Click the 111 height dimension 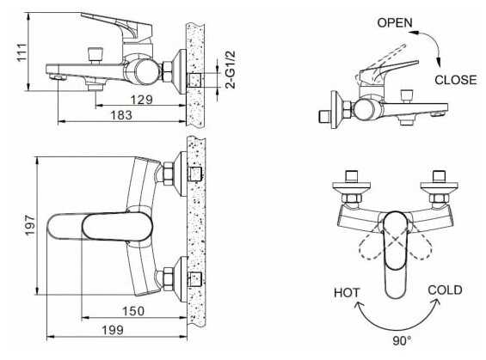click(x=22, y=52)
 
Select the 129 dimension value click(x=141, y=100)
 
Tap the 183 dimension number click(x=121, y=115)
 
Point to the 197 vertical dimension click(x=30, y=225)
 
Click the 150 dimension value click(x=133, y=311)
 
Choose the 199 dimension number click(x=113, y=330)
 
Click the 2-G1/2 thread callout click(x=231, y=70)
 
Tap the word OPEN click(x=395, y=22)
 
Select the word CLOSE click(x=455, y=80)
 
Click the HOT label click(x=347, y=292)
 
